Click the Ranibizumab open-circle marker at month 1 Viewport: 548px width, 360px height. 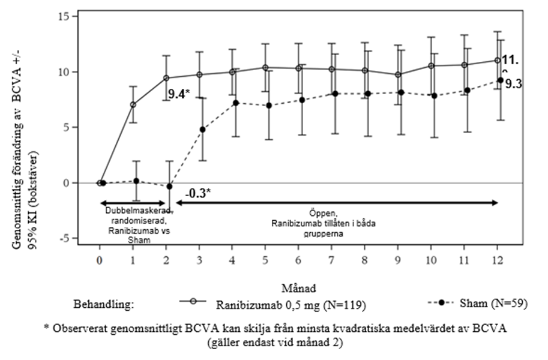pyautogui.click(x=133, y=104)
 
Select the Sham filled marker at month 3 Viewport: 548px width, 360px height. pyautogui.click(x=203, y=130)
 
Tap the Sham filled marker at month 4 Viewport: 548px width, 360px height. pyautogui.click(x=236, y=103)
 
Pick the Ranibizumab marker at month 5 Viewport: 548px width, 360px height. pyautogui.click(x=265, y=67)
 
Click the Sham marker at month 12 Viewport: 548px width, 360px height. pyautogui.click(x=499, y=80)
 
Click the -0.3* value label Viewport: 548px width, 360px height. pyautogui.click(x=197, y=194)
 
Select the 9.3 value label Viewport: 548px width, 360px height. pyautogui.click(x=513, y=84)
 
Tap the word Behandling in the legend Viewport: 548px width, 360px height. pyautogui.click(x=104, y=304)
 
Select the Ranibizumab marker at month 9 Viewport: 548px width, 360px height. pyautogui.click(x=397, y=74)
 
